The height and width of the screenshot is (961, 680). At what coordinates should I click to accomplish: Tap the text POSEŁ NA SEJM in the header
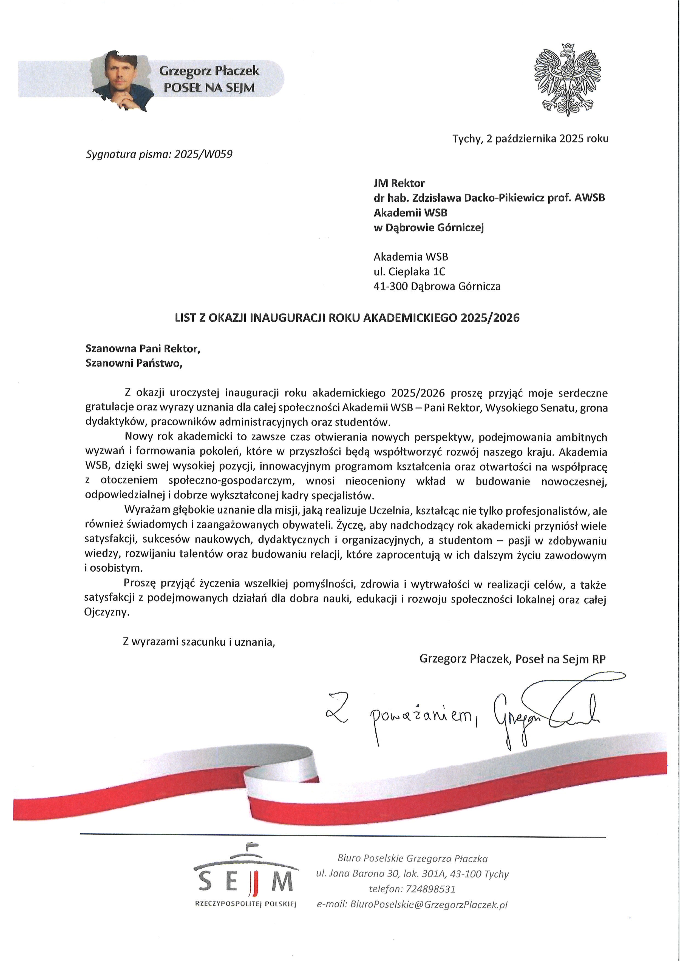click(x=209, y=88)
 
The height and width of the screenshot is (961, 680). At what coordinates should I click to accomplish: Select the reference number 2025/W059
click(x=203, y=155)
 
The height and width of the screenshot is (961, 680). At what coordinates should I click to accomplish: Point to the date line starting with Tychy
click(x=530, y=139)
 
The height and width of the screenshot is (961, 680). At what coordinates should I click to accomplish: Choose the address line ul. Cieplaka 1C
click(x=409, y=272)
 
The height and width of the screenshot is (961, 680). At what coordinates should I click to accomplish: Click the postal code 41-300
click(x=390, y=286)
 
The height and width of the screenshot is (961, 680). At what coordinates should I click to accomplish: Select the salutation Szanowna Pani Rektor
click(x=143, y=348)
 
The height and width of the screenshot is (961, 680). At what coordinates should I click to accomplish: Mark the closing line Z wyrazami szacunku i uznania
click(x=199, y=642)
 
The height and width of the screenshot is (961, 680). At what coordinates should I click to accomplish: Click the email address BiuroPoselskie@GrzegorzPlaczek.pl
click(x=428, y=905)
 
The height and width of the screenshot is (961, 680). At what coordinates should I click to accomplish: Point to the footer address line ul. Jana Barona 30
click(x=412, y=874)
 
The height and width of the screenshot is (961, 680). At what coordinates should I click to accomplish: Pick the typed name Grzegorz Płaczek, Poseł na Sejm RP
click(x=512, y=659)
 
